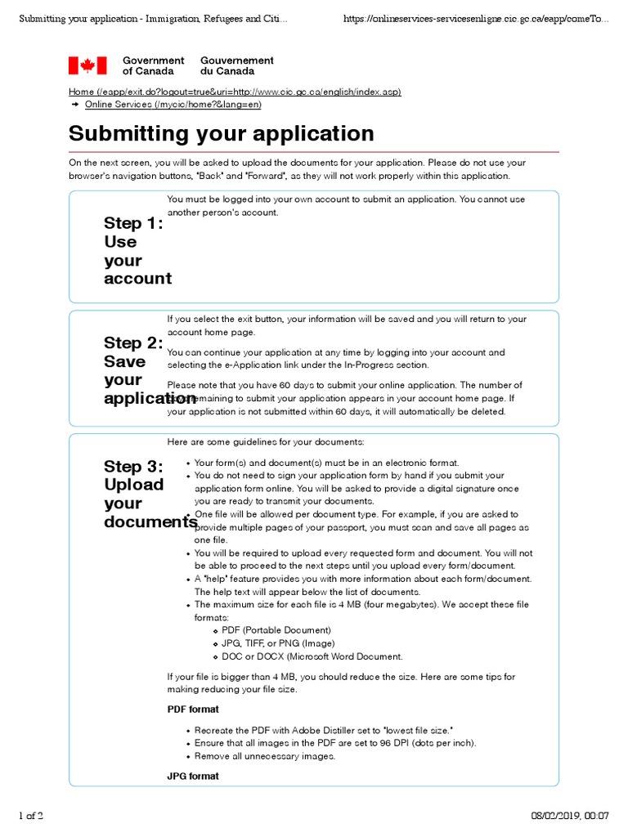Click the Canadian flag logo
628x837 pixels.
pyautogui.click(x=87, y=65)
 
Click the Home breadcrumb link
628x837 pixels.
pyautogui.click(x=235, y=92)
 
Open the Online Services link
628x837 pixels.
pyautogui.click(x=173, y=105)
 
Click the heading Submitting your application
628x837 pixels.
pyautogui.click(x=221, y=133)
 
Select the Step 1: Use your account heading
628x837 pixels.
pyautogui.click(x=137, y=251)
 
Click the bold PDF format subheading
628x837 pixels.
pyautogui.click(x=193, y=709)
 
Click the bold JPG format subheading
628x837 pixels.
pyautogui.click(x=193, y=776)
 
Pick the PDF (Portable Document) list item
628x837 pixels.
pyautogui.click(x=276, y=630)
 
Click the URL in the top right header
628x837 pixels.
pyautogui.click(x=476, y=18)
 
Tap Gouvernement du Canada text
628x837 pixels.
pyautogui.click(x=237, y=65)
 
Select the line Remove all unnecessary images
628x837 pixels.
pyautogui.click(x=264, y=756)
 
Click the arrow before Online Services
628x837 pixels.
pyautogui.click(x=75, y=105)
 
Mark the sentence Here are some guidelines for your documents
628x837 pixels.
pyautogui.click(x=265, y=442)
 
